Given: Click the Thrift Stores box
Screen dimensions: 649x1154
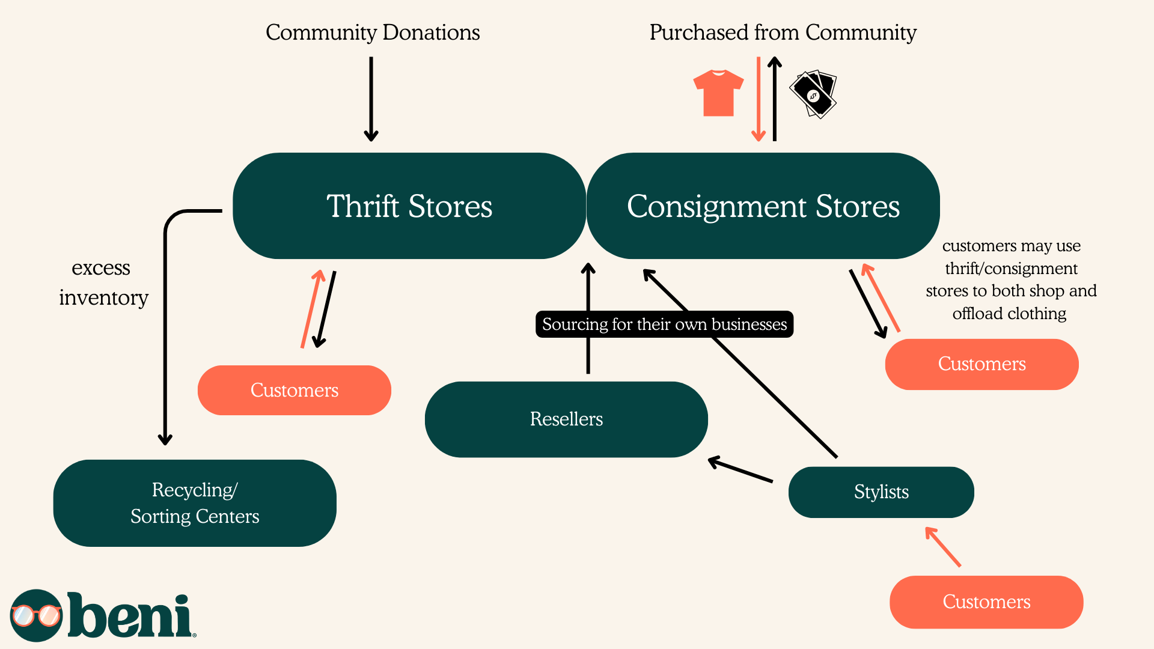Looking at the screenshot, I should pos(409,206).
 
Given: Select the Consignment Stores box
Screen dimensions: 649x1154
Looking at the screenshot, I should pos(763,206).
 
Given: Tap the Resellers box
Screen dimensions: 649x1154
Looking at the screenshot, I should pos(566,419).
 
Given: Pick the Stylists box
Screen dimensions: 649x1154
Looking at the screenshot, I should pos(881,492).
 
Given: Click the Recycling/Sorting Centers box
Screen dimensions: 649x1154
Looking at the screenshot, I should pos(194,503).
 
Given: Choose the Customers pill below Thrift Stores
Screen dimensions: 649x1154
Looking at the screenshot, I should pos(294,390).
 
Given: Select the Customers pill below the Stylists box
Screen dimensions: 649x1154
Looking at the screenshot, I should pos(986,602).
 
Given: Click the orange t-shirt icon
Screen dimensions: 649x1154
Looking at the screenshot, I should pos(718,93).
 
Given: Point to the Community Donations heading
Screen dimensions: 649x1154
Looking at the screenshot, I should pos(373,32).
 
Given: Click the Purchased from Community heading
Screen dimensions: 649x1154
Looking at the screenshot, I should pos(783,32).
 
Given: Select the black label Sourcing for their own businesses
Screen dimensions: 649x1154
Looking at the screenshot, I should pos(664,324).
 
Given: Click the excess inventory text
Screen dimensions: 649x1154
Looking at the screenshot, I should pos(103,282).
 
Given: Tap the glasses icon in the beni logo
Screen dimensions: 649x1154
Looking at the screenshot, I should pos(36,615).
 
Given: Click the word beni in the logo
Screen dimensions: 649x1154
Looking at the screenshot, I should pos(130,615).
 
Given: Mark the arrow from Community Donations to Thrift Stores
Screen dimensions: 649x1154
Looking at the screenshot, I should pos(371,99).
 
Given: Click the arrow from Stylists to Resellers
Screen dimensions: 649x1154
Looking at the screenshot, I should pos(740,470).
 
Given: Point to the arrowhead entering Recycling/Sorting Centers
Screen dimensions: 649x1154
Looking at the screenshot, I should pos(165,438).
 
